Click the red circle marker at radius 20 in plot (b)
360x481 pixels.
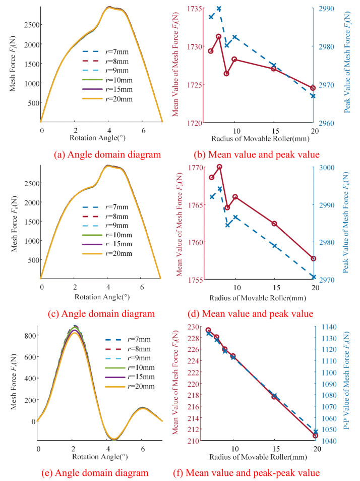click(x=313, y=88)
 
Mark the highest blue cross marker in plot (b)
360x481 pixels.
click(x=219, y=9)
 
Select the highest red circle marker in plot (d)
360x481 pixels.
click(x=219, y=167)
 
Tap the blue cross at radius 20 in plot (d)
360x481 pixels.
click(x=313, y=277)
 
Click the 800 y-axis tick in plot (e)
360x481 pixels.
click(x=29, y=336)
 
